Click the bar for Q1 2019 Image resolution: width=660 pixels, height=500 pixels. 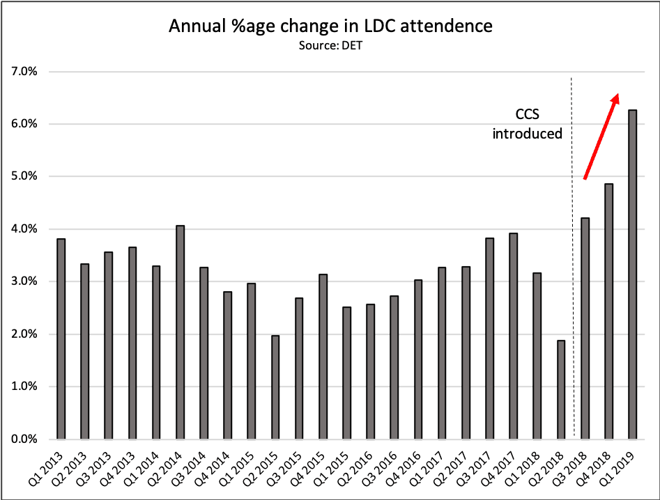tap(632, 274)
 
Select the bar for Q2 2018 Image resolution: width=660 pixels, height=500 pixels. tap(561, 390)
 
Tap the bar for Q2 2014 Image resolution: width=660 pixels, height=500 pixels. tap(180, 332)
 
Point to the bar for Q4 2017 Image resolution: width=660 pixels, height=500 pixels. tap(513, 336)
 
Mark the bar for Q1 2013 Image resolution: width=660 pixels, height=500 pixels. tap(61, 339)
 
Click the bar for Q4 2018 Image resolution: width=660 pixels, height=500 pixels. tap(608, 311)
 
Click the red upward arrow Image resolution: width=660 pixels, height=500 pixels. tap(601, 136)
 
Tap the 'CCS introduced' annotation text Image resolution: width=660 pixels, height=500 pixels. tap(528, 125)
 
